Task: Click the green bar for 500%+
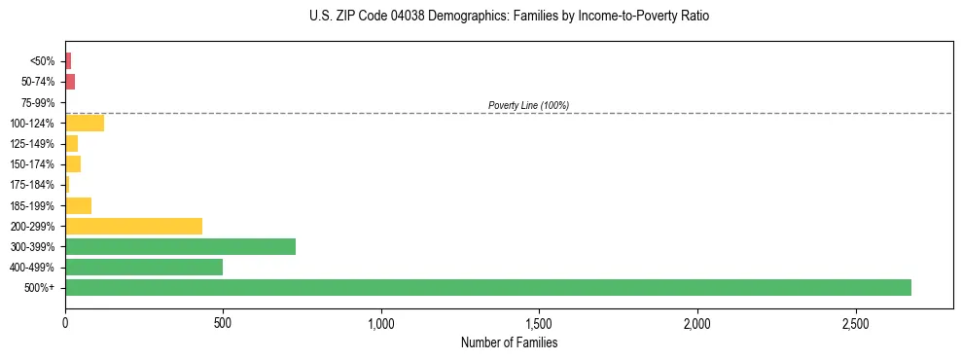[x=487, y=287]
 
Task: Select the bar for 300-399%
[x=180, y=246]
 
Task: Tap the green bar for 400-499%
[x=144, y=267]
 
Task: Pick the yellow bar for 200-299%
[x=133, y=226]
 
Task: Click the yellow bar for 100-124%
[x=85, y=123]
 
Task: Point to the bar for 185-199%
[x=78, y=205]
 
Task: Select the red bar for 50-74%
[x=70, y=82]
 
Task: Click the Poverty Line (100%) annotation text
[x=528, y=105]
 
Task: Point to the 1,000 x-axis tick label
[x=381, y=322]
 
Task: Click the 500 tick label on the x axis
[x=223, y=322]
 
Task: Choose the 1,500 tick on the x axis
[x=539, y=322]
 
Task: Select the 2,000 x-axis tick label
[x=697, y=322]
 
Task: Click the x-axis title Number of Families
[x=509, y=342]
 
